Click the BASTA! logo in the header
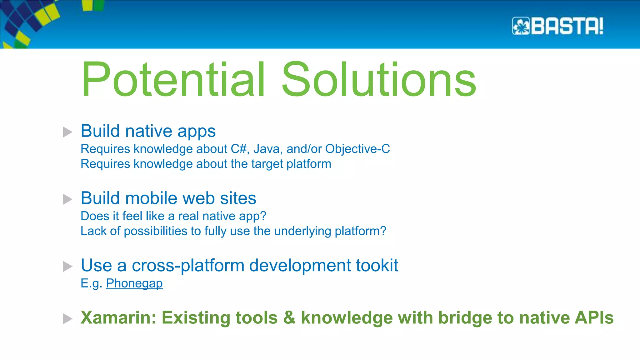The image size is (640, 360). [x=558, y=26]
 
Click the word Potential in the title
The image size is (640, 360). [x=173, y=80]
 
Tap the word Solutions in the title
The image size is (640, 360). [x=378, y=80]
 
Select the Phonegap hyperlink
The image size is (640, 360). [x=134, y=283]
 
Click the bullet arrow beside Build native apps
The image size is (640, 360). [x=67, y=132]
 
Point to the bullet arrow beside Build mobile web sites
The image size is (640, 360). [x=67, y=199]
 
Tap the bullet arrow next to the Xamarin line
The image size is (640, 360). [x=67, y=319]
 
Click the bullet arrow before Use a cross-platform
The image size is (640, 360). [x=67, y=266]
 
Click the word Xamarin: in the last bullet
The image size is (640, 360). [x=118, y=318]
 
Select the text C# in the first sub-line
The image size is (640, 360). [x=239, y=149]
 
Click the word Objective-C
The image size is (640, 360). [x=357, y=149]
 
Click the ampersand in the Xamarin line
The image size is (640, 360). [x=289, y=318]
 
